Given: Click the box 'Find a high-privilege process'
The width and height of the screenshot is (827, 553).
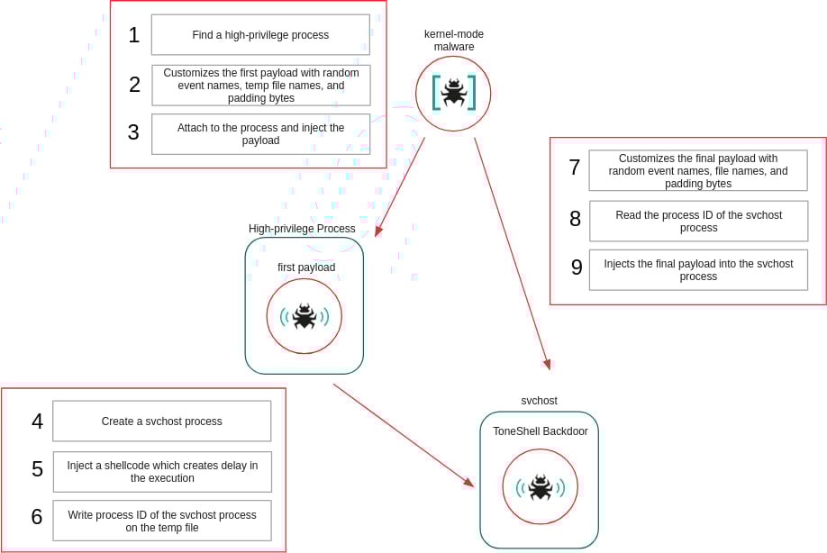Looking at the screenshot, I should [260, 35].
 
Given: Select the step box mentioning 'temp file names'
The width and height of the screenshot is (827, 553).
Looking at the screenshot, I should [260, 86].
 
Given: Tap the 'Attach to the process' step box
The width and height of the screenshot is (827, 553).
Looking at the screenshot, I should [260, 134].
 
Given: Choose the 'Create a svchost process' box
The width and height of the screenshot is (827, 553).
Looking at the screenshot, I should [162, 422].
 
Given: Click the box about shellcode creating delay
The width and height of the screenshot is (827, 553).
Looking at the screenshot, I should [162, 472].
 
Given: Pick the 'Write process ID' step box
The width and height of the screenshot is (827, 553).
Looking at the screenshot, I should [162, 521].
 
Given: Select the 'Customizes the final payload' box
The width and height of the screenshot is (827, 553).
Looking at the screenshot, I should [698, 171].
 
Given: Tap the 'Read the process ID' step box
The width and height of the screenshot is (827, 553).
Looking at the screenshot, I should [698, 222].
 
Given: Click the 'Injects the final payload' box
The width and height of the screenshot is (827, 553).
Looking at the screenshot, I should [698, 270].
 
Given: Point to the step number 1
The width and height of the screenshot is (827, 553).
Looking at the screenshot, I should [134, 35].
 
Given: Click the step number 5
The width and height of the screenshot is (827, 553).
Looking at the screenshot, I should [37, 469].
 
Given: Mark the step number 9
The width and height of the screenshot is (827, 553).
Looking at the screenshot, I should [577, 267].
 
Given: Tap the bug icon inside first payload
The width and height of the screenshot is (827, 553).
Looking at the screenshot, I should [304, 316].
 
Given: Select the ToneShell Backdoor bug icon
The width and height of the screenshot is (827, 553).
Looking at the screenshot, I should [540, 487].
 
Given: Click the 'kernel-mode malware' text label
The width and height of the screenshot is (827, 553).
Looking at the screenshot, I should [454, 41].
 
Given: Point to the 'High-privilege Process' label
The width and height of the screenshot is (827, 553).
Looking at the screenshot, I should [302, 229].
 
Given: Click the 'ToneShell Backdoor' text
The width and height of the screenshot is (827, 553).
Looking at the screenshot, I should [540, 431].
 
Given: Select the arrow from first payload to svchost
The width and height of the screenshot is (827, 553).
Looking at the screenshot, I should [403, 435].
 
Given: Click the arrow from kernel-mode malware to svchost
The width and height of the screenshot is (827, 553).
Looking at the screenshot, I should [512, 253].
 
